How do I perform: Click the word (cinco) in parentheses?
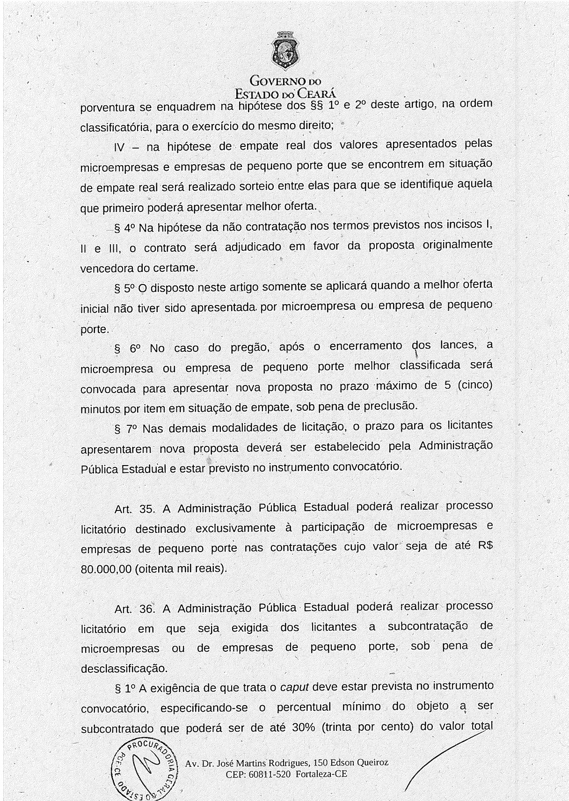(474, 386)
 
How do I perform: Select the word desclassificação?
(124, 669)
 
